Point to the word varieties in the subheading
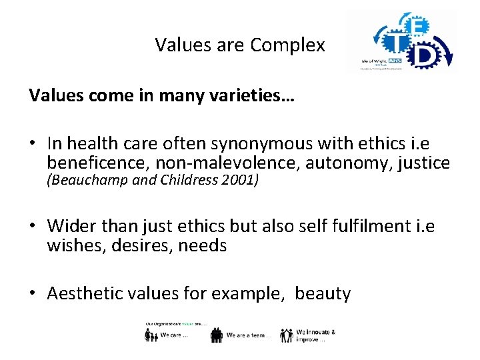255,96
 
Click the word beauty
323,293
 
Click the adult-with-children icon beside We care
151,335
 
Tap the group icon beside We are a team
216,335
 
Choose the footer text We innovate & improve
315,335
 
